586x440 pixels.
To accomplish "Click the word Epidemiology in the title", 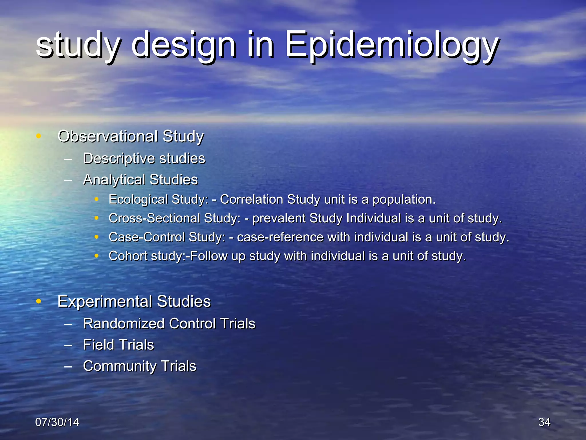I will (392, 46).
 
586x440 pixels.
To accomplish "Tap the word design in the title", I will (183, 46).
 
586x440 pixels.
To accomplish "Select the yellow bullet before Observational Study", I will (39, 136).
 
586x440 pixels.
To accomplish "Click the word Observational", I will (108, 136).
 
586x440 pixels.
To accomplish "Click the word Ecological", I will (134, 200).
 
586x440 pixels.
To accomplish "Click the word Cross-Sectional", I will (154, 218).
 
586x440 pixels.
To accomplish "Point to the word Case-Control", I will (146, 237).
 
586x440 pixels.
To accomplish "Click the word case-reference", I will (280, 237).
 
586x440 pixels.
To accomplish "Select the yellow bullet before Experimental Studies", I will (39, 301).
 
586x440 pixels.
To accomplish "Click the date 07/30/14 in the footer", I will (57, 422).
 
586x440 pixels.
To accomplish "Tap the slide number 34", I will (544, 422).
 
